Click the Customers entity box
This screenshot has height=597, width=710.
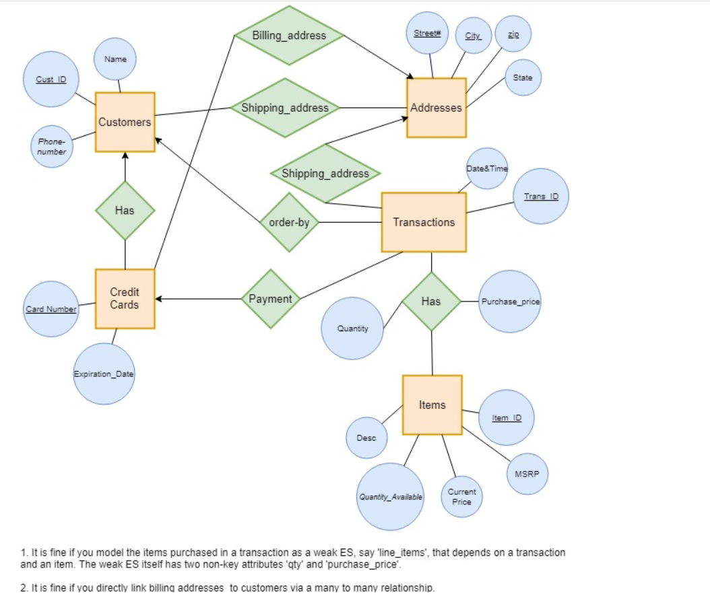[x=125, y=122]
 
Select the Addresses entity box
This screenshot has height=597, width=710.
[x=436, y=108]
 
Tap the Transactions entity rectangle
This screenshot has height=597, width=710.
[x=424, y=222]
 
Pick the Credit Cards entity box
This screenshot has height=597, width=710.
[x=125, y=298]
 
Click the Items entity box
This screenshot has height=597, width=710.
[x=432, y=405]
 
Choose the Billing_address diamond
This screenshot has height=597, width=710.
[x=289, y=36]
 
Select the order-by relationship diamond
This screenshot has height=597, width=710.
[x=289, y=222]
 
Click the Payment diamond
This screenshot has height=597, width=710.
[x=270, y=299]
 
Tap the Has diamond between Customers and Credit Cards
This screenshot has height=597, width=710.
[x=125, y=211]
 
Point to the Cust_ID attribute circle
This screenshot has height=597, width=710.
[x=51, y=79]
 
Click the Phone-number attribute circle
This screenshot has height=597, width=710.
[x=52, y=147]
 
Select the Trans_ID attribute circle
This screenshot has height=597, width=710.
[x=541, y=197]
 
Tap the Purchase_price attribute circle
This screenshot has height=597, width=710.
[x=510, y=302]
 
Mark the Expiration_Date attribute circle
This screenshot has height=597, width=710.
[x=104, y=374]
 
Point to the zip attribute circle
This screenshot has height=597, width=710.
[x=513, y=33]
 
